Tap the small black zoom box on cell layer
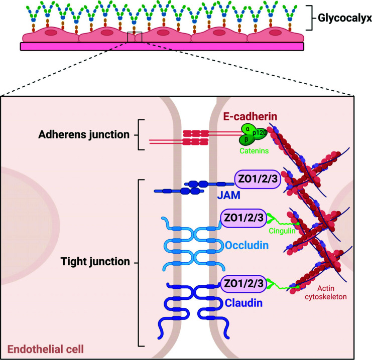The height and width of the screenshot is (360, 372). click(x=135, y=37)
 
